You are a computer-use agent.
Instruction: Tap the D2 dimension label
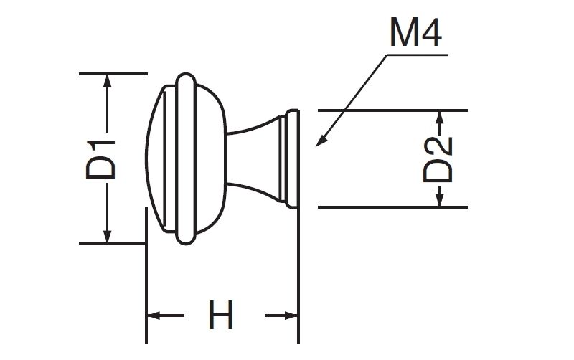tap(438, 159)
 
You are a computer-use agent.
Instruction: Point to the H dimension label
tap(221, 316)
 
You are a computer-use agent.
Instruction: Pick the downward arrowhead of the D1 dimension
tap(108, 236)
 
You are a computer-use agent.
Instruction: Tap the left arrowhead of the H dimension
tap(154, 316)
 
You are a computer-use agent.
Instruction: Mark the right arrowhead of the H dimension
tap(291, 316)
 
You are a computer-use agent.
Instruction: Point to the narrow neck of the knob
tap(251, 158)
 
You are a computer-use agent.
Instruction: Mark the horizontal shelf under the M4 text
tap(416, 55)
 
